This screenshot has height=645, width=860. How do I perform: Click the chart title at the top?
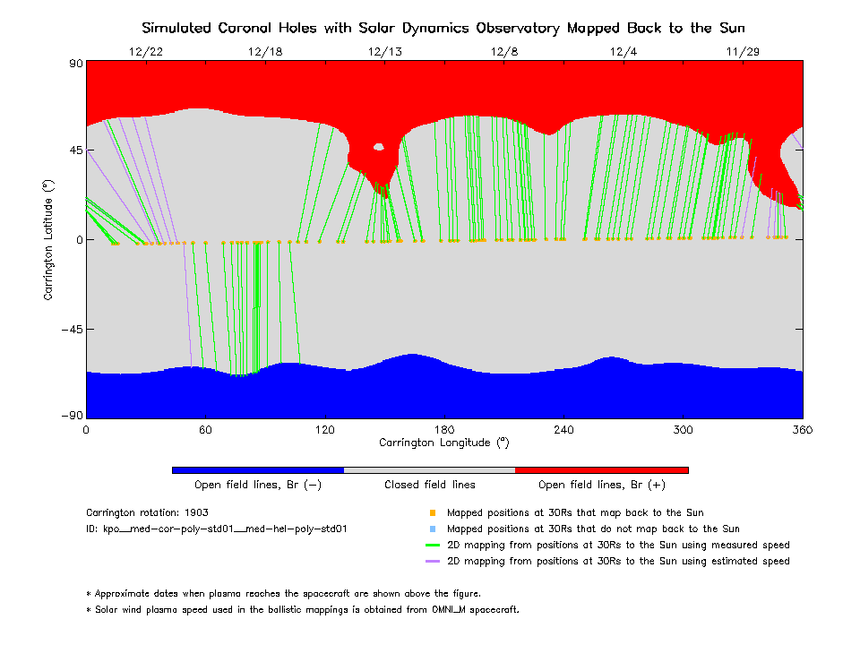(x=443, y=28)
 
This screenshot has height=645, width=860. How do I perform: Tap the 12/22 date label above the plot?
(x=146, y=52)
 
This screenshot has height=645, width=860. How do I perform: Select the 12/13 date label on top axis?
(x=385, y=52)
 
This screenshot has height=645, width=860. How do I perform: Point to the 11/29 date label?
(x=743, y=52)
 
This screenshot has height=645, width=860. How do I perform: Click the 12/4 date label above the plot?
(x=623, y=52)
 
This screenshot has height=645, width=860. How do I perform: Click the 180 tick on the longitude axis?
(x=444, y=430)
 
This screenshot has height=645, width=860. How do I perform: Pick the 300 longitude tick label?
(x=684, y=430)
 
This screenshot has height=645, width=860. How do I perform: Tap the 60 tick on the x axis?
(x=205, y=430)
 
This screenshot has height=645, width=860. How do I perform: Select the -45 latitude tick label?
(x=69, y=329)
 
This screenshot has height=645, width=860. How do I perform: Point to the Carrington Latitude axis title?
(x=49, y=240)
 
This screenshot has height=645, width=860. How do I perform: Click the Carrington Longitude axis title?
(x=444, y=443)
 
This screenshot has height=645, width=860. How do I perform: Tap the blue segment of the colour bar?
(x=258, y=469)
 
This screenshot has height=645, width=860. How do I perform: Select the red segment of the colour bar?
(x=602, y=469)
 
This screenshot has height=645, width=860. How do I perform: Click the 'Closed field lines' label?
(x=430, y=485)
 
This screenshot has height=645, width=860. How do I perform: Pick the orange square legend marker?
(x=432, y=513)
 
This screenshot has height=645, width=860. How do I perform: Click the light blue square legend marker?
(x=432, y=529)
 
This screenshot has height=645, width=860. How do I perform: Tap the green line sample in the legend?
(x=432, y=546)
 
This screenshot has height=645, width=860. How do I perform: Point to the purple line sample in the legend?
(x=432, y=562)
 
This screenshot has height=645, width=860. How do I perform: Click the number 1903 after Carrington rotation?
(x=196, y=513)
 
